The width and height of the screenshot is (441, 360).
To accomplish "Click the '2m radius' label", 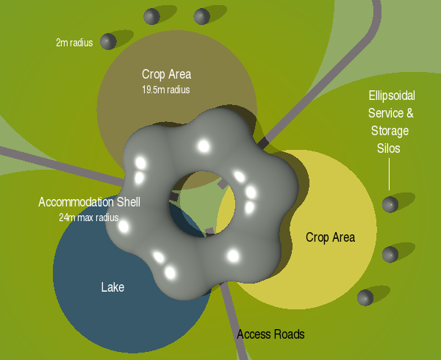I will pos(74,43).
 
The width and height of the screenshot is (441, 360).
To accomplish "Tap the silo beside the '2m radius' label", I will pos(109,41).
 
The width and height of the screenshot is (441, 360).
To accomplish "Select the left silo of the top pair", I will pos(152,16).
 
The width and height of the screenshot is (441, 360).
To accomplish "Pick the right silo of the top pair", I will pos(201,16).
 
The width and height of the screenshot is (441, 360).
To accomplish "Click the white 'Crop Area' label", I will pos(166,74).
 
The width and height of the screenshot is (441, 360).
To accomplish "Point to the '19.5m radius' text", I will pos(166,90).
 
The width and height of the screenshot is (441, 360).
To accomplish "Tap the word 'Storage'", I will pos(390,131).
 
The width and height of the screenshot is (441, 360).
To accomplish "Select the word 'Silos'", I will pos(390,148).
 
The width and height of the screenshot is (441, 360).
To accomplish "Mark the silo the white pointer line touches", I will pos(390,204).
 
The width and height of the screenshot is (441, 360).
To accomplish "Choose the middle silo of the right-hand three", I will pos(390,254).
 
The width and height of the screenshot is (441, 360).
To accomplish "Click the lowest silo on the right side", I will pos(365,298).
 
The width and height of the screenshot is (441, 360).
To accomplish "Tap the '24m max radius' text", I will pos(88,217).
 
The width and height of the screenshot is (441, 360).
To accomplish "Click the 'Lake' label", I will pos(112,287).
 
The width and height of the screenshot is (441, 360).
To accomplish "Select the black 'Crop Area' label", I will pos(330,237).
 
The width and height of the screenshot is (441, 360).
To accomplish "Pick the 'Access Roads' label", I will pos(270,334).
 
